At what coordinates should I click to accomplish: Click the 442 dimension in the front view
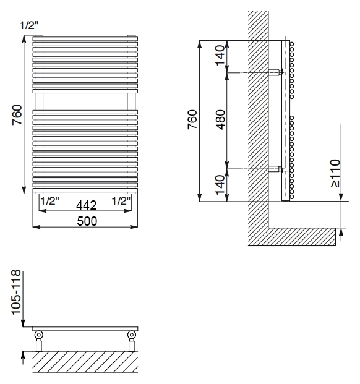click(x=86, y=205)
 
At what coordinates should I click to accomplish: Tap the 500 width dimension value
click(x=87, y=221)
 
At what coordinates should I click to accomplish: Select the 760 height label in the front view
click(x=17, y=114)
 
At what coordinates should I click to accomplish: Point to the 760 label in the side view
click(x=192, y=119)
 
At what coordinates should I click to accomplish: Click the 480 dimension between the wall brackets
click(x=220, y=119)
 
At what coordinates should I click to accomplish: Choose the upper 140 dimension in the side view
click(x=220, y=56)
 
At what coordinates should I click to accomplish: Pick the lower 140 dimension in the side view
click(x=220, y=185)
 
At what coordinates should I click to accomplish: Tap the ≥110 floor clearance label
click(x=335, y=173)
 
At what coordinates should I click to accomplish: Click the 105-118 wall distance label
click(x=17, y=292)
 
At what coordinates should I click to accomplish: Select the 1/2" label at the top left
click(x=29, y=25)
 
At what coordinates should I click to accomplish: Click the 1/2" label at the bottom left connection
click(x=49, y=201)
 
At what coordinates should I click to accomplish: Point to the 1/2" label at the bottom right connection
click(x=121, y=201)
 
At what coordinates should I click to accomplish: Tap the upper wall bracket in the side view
click(x=275, y=73)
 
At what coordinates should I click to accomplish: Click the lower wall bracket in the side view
click(x=275, y=169)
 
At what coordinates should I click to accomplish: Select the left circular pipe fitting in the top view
click(x=39, y=335)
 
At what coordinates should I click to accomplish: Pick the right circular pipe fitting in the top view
click(x=132, y=335)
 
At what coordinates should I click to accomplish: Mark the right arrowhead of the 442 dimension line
click(x=128, y=211)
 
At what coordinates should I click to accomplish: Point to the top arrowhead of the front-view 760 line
click(x=24, y=39)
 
